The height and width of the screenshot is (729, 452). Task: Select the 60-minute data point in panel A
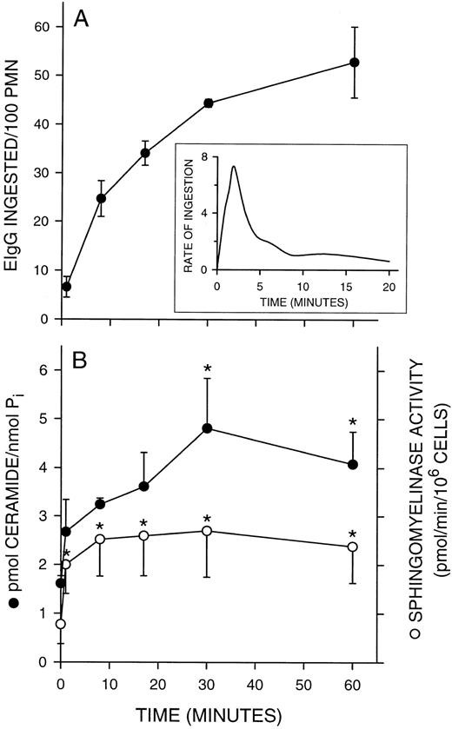coord(354,63)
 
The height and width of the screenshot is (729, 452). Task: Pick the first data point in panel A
coord(67,286)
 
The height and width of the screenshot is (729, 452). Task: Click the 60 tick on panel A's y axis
coord(43,27)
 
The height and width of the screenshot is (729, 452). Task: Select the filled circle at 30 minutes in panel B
coord(209,428)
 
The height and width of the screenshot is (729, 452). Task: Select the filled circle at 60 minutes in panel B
coord(354,465)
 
